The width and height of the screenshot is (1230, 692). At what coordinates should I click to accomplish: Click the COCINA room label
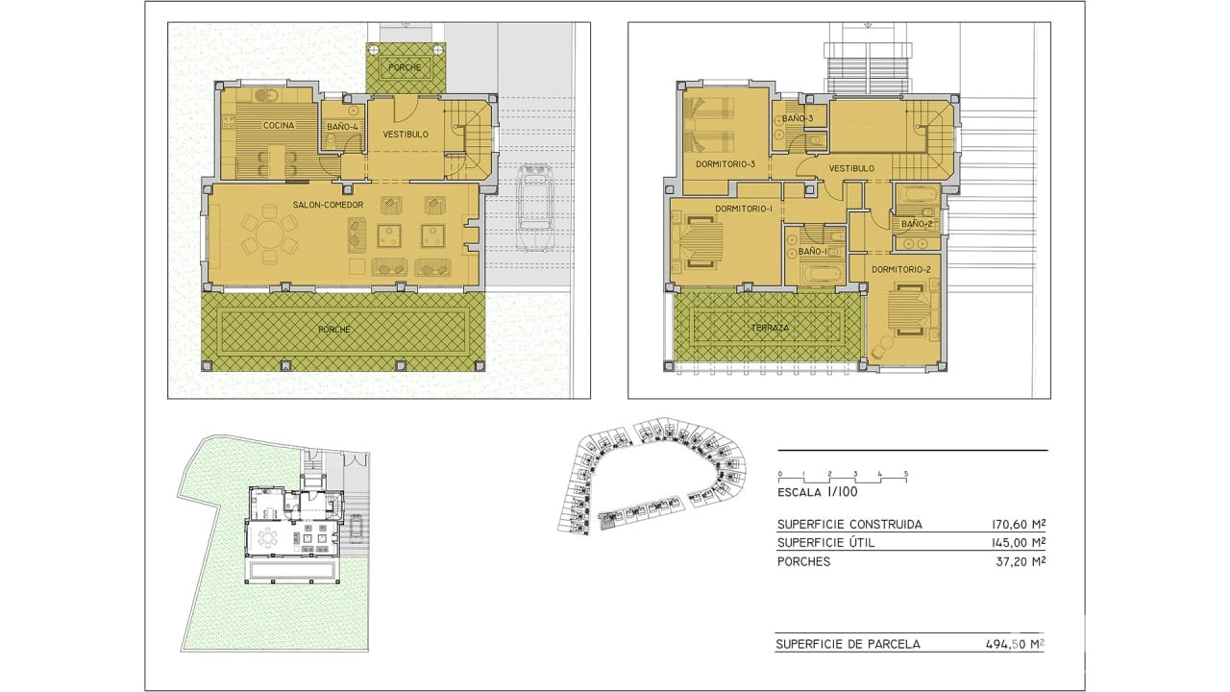[x=279, y=125]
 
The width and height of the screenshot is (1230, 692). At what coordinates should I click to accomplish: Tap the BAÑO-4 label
[x=342, y=127]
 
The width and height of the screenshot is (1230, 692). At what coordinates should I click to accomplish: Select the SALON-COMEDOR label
[x=328, y=205]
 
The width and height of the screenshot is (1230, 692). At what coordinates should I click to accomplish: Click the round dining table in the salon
[x=270, y=235]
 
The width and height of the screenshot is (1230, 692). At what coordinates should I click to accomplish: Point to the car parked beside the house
[x=535, y=208]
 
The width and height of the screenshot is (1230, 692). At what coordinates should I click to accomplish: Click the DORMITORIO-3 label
[x=726, y=163]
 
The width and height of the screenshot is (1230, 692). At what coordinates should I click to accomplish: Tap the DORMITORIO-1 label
[x=744, y=209]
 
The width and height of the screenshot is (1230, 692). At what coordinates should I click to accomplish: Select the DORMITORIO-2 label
[x=901, y=270]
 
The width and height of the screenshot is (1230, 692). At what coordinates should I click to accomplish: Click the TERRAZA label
[x=770, y=328]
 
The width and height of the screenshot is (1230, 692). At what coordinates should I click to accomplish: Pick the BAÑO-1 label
[x=813, y=252]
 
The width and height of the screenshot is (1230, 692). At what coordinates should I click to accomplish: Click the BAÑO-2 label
[x=917, y=224]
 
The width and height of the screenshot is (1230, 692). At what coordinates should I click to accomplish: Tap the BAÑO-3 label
[x=798, y=118]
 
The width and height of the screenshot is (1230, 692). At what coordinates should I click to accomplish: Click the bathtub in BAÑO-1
[x=821, y=275]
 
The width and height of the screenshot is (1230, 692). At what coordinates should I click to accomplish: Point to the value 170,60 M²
[x=1018, y=525]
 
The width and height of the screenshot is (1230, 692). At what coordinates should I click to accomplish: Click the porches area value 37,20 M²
[x=1021, y=562]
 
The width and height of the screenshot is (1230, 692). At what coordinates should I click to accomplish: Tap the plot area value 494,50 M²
[x=1015, y=644]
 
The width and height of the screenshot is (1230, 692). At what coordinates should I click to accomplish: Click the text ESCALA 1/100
[x=817, y=492]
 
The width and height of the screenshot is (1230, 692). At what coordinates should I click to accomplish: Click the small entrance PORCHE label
[x=405, y=67]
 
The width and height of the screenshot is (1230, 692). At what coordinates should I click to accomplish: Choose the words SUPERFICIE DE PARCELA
[x=848, y=644]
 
